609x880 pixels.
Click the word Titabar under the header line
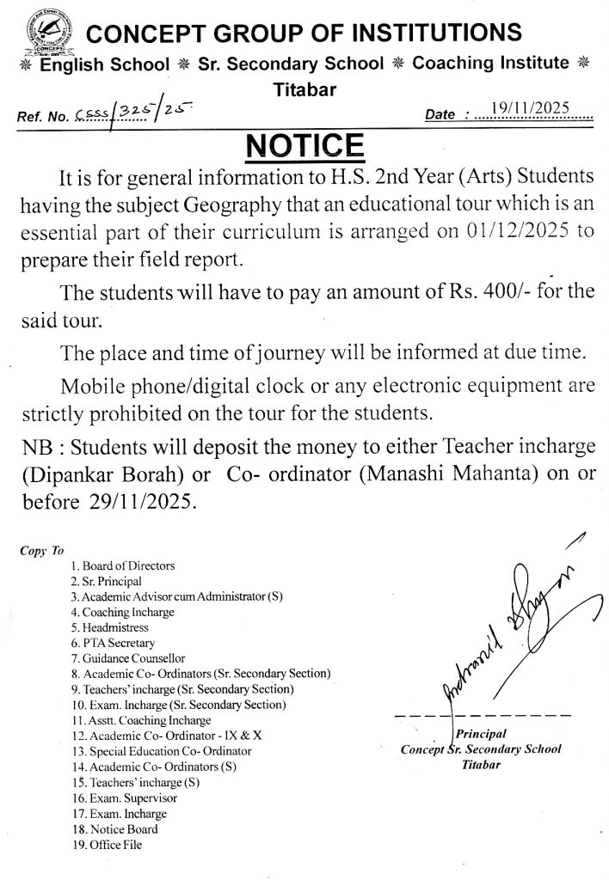(x=304, y=88)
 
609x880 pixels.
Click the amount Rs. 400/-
(x=478, y=291)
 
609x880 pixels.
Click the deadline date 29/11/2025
(x=148, y=502)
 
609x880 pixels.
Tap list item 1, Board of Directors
(x=124, y=565)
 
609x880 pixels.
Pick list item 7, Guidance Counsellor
(x=124, y=658)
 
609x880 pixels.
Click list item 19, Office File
(x=108, y=845)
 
